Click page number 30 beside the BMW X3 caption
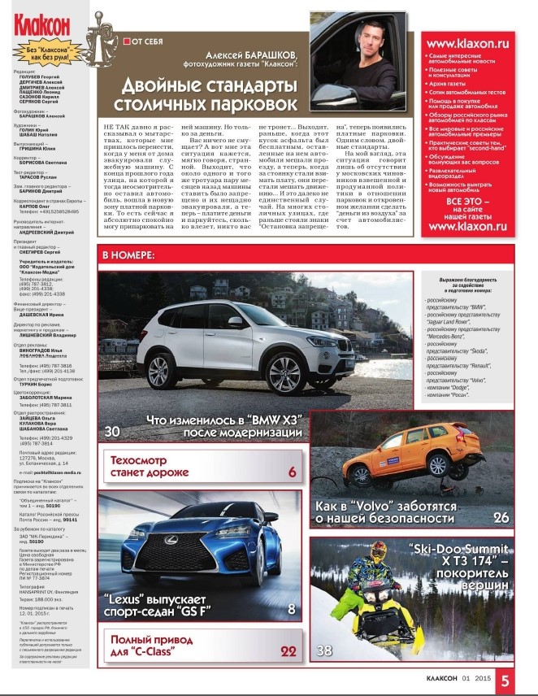tap(113, 430)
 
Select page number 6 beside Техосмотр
tap(291, 472)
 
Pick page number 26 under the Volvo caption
tap(501, 517)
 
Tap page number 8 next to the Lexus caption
tap(291, 609)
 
